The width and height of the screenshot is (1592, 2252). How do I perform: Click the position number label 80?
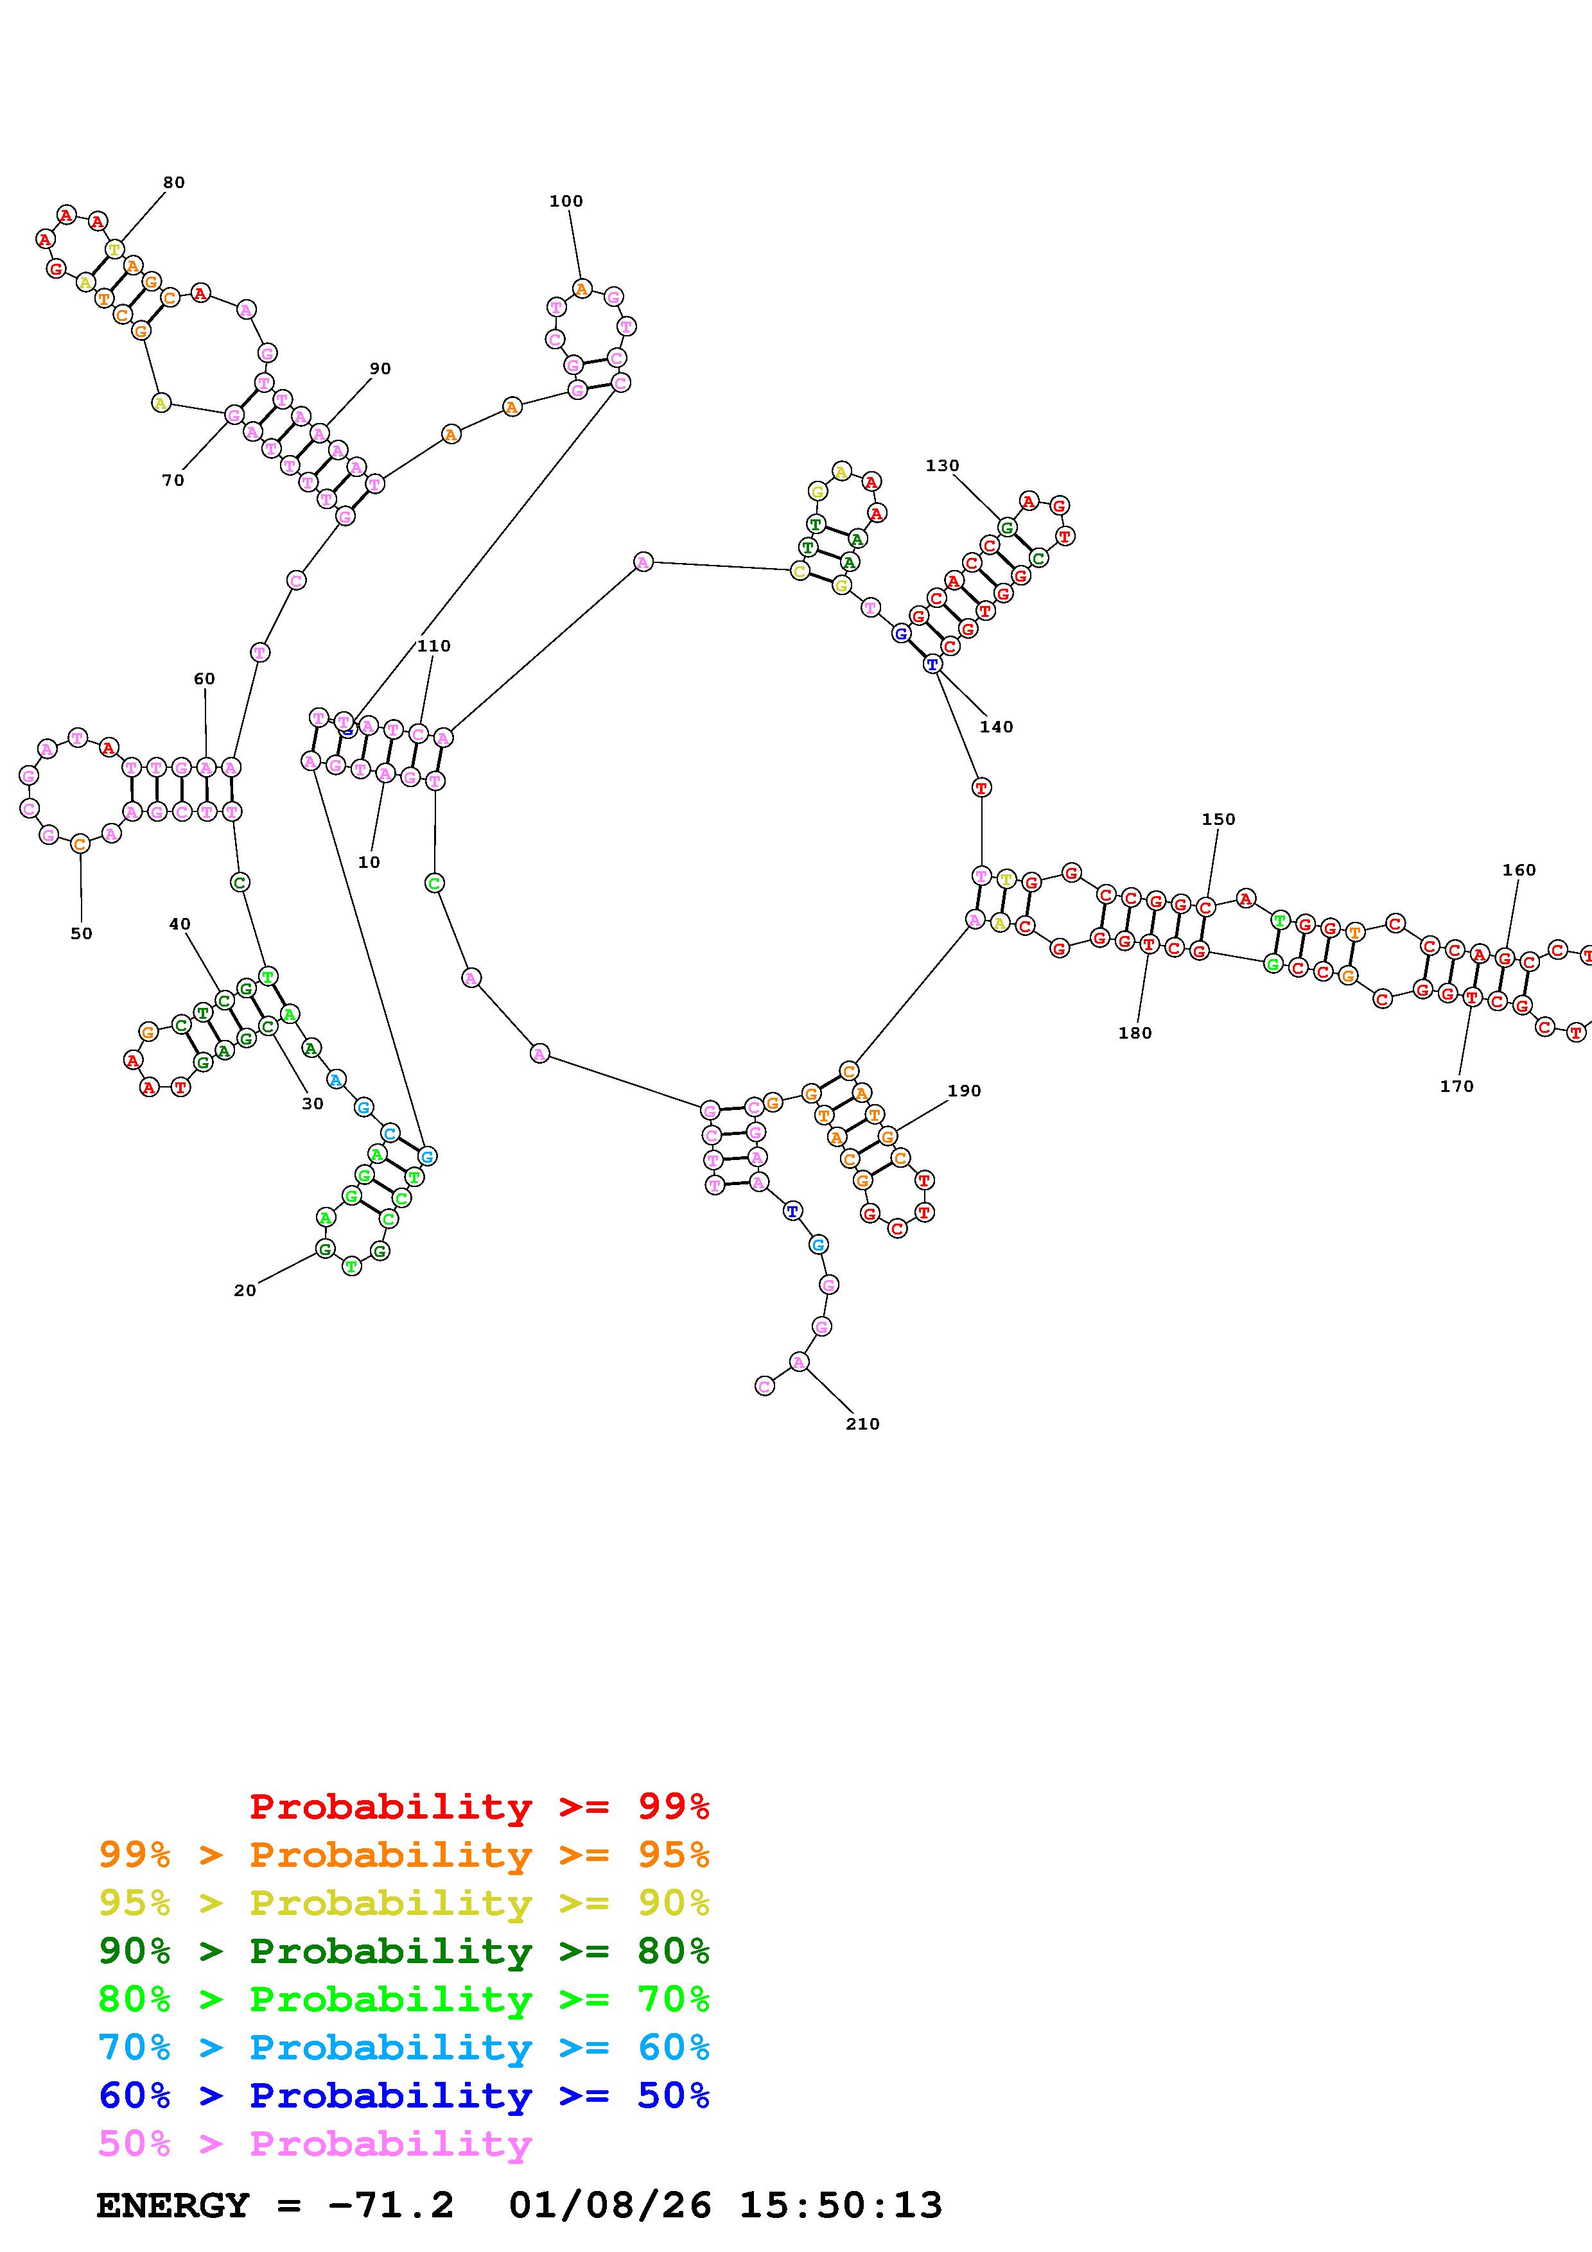pos(173,182)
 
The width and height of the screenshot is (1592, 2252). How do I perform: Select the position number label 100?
pos(566,201)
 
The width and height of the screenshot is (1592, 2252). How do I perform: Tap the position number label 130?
pos(941,466)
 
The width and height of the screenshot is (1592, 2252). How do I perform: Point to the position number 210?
pos(862,1424)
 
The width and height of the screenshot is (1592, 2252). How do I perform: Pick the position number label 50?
pos(82,934)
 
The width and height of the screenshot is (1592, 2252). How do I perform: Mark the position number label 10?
pos(369,862)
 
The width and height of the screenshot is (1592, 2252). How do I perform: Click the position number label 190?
pos(964,1091)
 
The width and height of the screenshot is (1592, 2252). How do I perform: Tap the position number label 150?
pos(1218,819)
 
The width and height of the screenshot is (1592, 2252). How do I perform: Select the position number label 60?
pos(204,679)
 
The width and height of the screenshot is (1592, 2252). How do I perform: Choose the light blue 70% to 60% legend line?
pos(404,2047)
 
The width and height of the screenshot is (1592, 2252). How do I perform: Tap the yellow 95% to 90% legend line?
pos(404,1903)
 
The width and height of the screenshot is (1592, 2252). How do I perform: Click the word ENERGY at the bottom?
pos(173,2205)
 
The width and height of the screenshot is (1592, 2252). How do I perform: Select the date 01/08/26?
pos(609,2205)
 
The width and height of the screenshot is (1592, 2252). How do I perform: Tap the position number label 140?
pos(995,727)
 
